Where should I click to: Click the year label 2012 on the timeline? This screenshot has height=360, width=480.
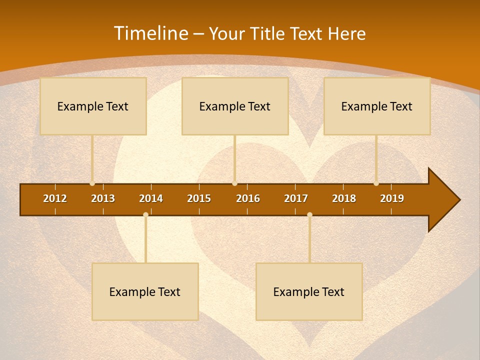tap(55, 198)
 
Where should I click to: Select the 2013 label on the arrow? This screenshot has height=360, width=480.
tap(103, 198)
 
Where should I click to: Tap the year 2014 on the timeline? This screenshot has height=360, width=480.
tap(151, 198)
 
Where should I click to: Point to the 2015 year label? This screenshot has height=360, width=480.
tap(199, 198)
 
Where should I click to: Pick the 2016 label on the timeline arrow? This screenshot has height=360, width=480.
tap(248, 198)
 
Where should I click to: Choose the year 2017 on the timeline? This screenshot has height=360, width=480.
tap(296, 198)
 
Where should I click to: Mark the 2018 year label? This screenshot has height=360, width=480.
tap(344, 198)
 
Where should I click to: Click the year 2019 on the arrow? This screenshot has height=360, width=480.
tap(392, 198)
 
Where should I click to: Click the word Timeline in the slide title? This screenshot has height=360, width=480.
tap(150, 33)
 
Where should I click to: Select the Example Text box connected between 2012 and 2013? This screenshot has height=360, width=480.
tap(93, 106)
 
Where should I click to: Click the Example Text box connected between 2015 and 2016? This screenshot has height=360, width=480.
tap(235, 106)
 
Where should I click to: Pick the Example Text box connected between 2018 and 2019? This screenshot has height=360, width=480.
tap(377, 106)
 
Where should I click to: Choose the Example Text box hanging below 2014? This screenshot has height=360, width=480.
tap(145, 291)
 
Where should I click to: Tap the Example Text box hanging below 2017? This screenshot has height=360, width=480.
tap(309, 291)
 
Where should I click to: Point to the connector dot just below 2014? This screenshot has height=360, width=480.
tap(145, 214)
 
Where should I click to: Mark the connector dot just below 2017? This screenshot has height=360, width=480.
tap(309, 214)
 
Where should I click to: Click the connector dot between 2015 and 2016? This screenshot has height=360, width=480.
tap(234, 183)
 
